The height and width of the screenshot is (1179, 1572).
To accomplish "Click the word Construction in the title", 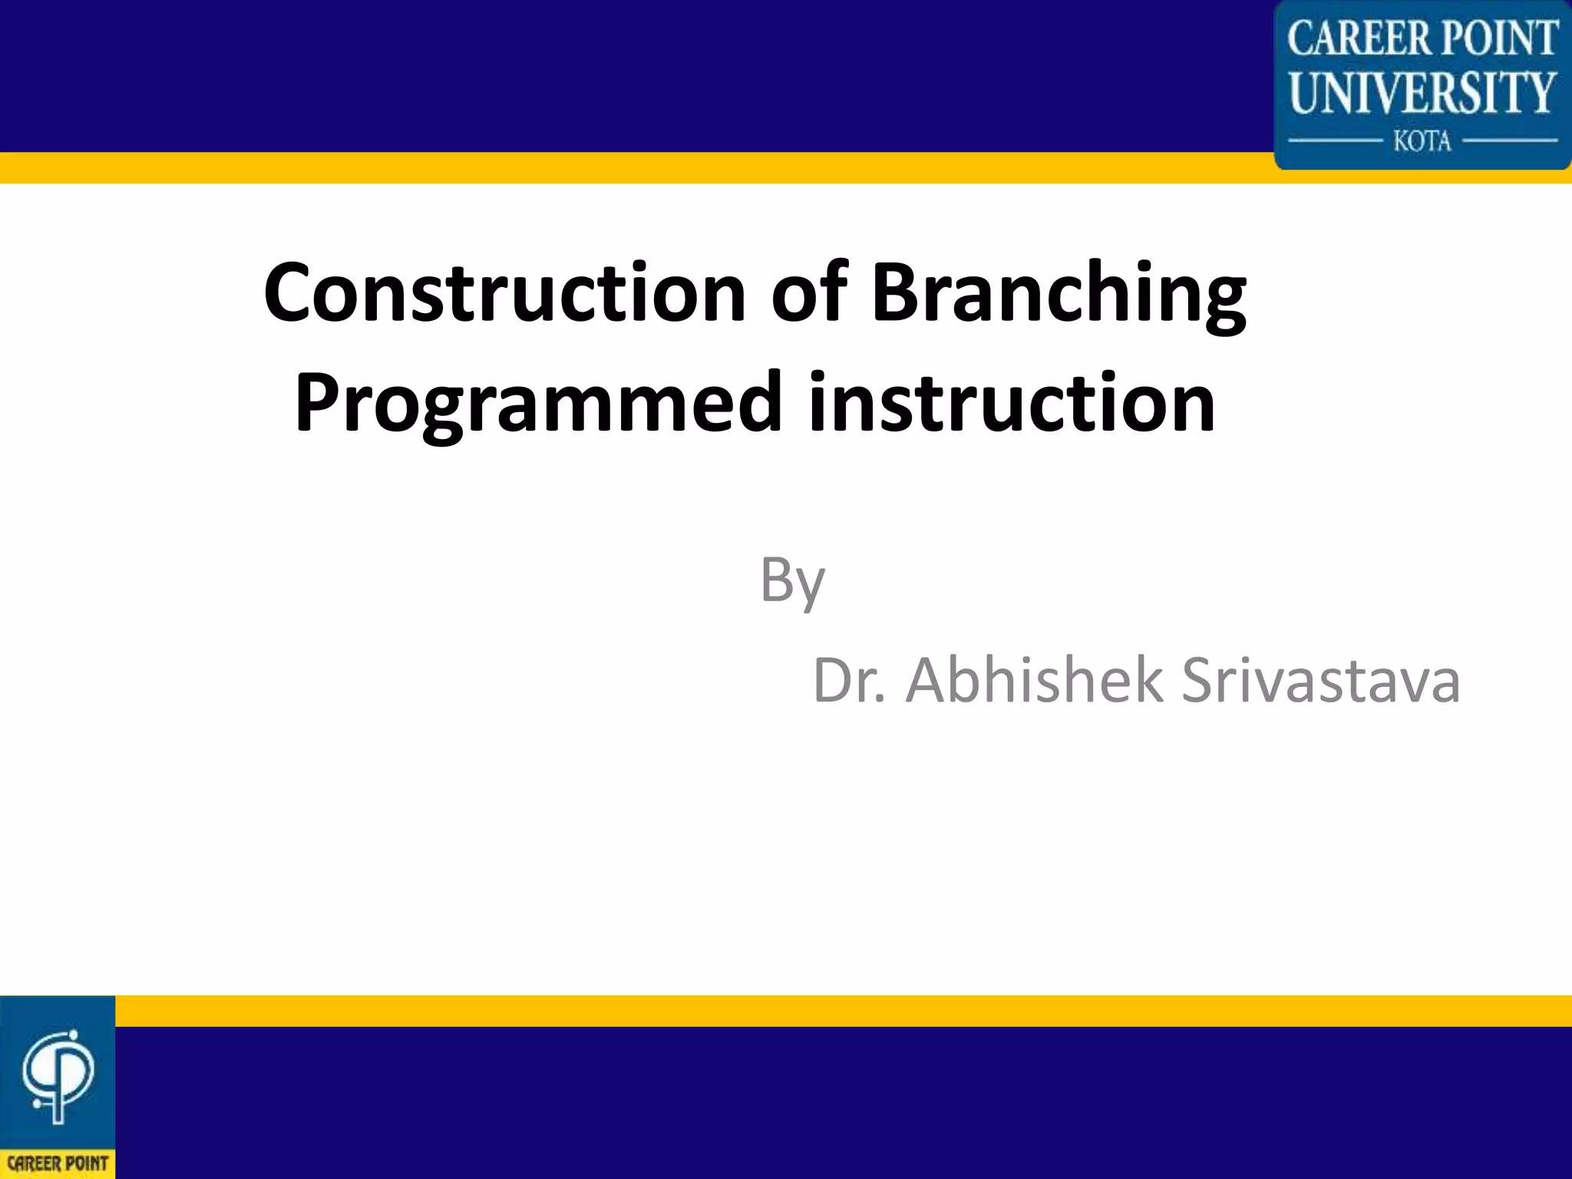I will click(x=504, y=294).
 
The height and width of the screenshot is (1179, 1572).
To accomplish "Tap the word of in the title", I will click(x=809, y=294).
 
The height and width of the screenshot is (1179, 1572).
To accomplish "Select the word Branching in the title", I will click(x=1059, y=294).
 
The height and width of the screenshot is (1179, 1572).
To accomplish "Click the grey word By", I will click(x=792, y=581).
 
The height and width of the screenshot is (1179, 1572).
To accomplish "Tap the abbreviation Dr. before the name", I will click(x=848, y=681).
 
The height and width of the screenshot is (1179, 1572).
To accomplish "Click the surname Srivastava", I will click(x=1320, y=681).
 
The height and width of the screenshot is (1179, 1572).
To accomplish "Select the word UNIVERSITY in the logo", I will click(x=1422, y=93).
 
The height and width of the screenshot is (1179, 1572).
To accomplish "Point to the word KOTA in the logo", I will click(x=1422, y=141).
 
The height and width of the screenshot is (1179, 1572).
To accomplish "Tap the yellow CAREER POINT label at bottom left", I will click(x=58, y=1163).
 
